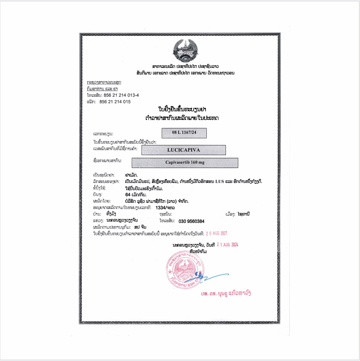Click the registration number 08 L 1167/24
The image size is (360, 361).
[184, 133]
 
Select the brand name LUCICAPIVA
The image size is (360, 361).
[183, 150]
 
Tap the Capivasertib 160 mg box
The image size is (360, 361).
[185, 163]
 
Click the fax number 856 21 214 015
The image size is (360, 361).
[115, 101]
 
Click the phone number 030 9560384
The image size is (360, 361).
[192, 221]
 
